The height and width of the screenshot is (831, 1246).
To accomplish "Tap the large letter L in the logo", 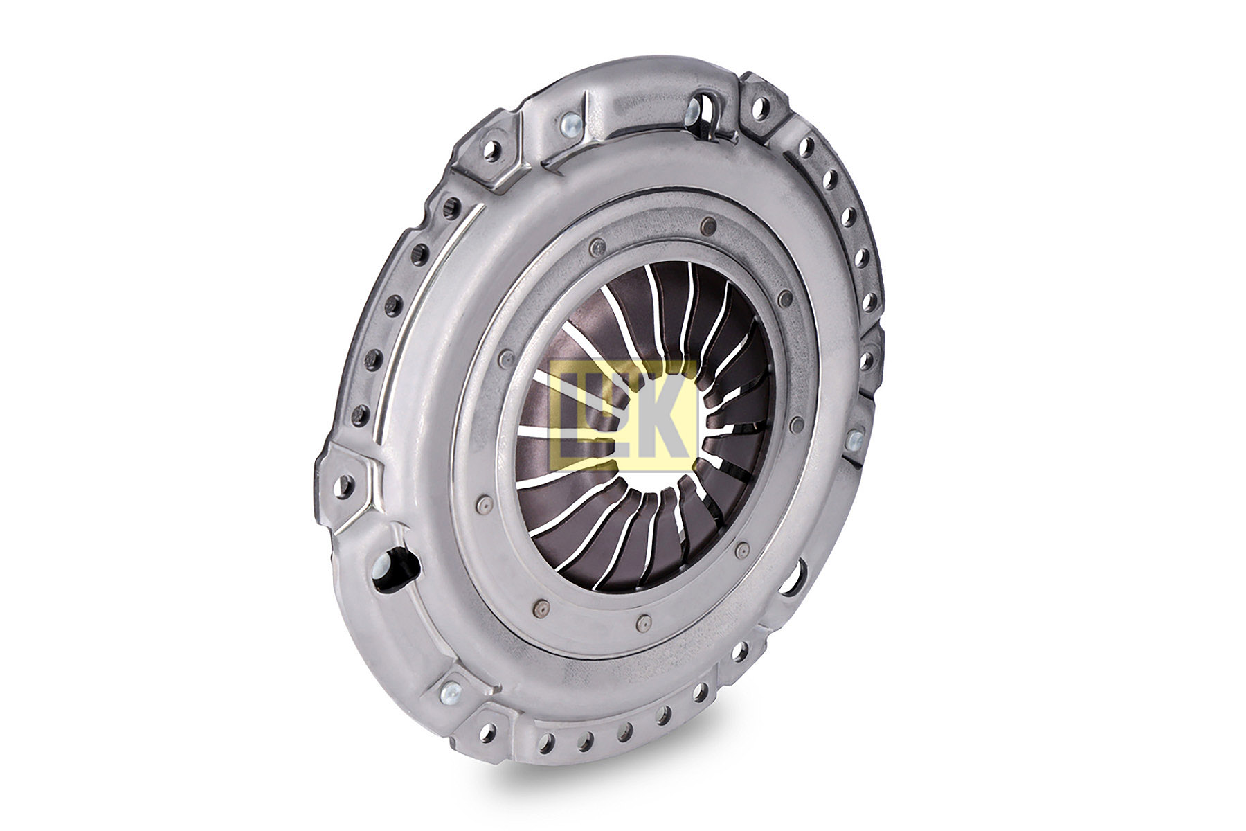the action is tap(575, 415).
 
